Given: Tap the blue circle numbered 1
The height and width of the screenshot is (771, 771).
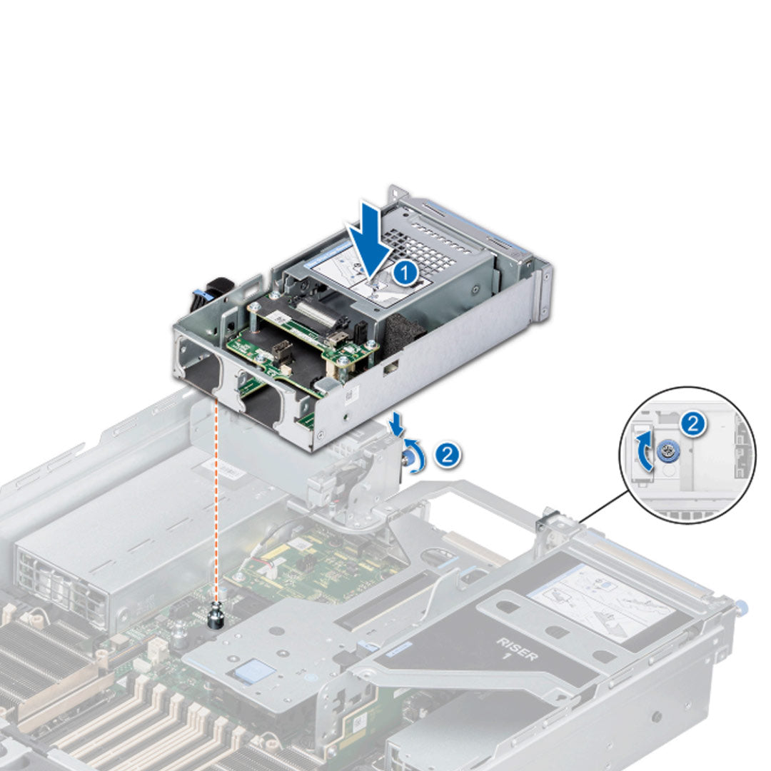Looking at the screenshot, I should coord(405,273).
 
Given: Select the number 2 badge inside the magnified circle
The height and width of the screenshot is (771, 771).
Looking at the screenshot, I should coord(692,423).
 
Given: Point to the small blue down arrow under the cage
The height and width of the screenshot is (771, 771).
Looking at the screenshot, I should coord(396,426).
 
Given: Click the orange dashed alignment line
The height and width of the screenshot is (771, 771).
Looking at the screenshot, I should coord(216,500).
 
